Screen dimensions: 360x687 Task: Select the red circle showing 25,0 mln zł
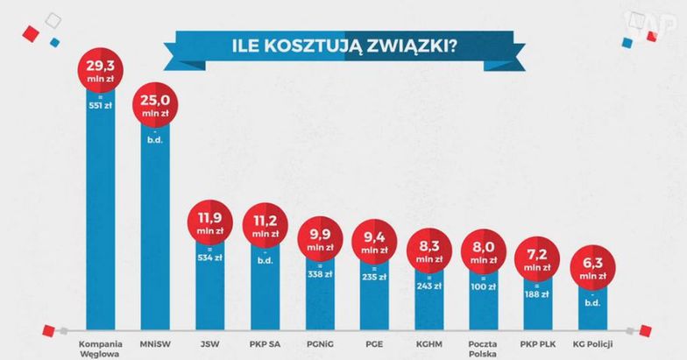click(153, 109)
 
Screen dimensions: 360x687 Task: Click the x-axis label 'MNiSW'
click(153, 341)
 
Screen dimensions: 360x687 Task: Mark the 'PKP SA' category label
click(266, 341)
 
